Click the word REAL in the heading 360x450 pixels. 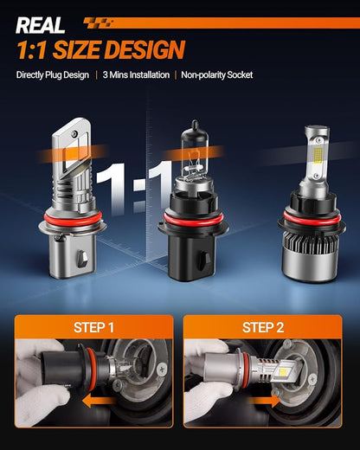coord(40,25)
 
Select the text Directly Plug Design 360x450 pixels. coord(53,75)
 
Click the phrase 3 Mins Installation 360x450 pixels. coord(136,75)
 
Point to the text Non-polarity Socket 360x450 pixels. coord(217,75)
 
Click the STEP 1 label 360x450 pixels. coord(93,327)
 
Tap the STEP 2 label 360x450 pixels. coord(263,327)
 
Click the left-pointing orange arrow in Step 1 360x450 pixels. coord(99,401)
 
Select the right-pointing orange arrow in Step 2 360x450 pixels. coord(263,401)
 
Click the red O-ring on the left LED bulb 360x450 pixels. coord(73,218)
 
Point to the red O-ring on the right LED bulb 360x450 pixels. coord(312,218)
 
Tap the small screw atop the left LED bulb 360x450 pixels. coord(75,133)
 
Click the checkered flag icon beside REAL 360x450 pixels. coord(98,22)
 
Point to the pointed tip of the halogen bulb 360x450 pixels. coord(195,122)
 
